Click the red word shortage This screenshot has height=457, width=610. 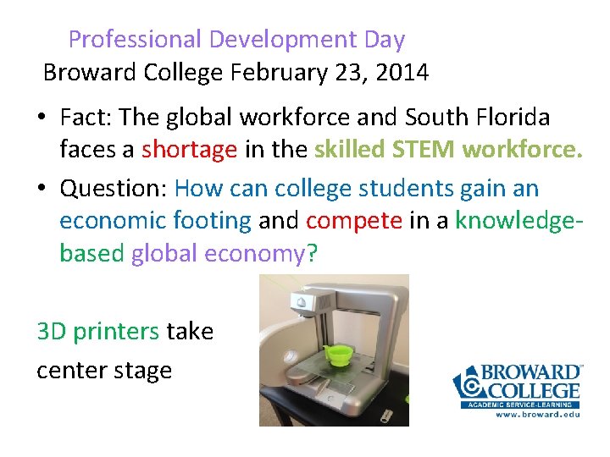189,150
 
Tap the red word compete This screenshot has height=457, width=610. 354,221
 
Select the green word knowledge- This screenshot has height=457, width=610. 518,221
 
